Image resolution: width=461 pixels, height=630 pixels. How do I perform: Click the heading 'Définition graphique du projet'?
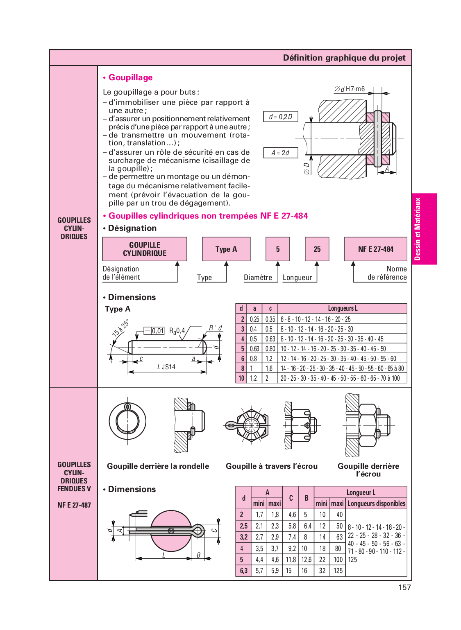click(344, 58)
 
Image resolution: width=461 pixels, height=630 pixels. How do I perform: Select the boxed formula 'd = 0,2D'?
click(281, 117)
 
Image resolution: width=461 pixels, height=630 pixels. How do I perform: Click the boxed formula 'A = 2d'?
click(280, 153)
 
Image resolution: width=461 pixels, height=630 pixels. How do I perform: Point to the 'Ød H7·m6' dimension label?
click(350, 89)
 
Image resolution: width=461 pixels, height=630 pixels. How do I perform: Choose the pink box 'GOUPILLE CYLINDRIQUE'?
click(145, 249)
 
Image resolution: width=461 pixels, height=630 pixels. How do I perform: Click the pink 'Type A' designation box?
click(226, 249)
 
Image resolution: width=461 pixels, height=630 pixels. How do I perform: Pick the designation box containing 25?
click(317, 249)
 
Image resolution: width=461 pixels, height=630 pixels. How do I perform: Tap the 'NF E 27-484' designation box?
click(376, 249)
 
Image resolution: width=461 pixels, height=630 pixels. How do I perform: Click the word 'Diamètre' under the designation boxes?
click(258, 278)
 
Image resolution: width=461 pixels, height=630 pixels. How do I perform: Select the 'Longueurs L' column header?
click(343, 308)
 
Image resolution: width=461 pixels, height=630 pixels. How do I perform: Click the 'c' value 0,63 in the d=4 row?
click(270, 339)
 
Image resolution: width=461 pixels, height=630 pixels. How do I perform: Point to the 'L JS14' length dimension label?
click(166, 367)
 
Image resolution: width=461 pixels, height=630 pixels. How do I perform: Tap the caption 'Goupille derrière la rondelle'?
click(158, 466)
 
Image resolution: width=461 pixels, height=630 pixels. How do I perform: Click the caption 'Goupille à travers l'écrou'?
click(272, 466)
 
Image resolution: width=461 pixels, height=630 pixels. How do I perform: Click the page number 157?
click(404, 587)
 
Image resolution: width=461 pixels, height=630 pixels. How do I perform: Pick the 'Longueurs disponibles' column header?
click(376, 504)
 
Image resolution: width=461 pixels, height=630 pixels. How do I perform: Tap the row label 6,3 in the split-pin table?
click(244, 571)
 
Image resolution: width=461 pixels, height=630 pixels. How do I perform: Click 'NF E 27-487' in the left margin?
click(74, 505)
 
